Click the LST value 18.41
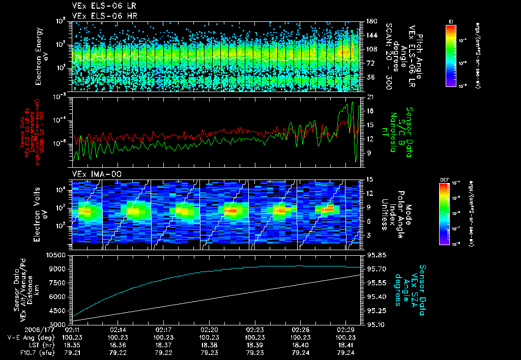tap(348, 344)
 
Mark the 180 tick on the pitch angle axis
tap(367, 21)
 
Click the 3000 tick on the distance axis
tap(58, 324)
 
